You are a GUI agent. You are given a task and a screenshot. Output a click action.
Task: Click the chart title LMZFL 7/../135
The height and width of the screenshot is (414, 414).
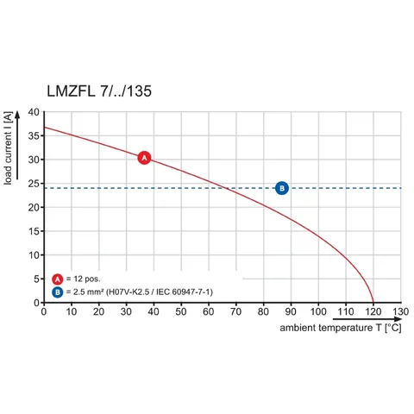(99, 91)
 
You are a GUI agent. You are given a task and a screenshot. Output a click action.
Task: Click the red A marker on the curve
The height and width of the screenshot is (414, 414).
(144, 158)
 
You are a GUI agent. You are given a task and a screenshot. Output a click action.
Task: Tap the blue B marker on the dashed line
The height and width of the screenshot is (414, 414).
(282, 188)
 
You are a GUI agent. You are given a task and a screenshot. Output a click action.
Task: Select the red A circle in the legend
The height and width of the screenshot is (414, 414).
(58, 279)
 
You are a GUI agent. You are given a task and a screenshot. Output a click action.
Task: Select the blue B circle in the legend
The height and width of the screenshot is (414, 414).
(58, 292)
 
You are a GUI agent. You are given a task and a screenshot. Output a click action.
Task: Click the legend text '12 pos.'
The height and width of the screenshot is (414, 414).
(87, 279)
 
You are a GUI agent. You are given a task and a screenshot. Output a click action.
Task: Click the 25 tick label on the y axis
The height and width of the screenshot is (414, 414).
(34, 184)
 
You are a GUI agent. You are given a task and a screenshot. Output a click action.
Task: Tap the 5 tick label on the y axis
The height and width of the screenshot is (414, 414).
(36, 279)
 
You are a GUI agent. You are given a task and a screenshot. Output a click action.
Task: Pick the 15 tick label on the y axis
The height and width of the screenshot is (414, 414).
(34, 231)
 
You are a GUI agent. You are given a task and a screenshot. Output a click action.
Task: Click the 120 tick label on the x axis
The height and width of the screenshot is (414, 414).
(373, 311)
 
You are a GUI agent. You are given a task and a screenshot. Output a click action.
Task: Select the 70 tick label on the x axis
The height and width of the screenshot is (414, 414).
(236, 311)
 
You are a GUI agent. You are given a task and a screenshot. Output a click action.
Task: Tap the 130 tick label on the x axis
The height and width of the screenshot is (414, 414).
(400, 311)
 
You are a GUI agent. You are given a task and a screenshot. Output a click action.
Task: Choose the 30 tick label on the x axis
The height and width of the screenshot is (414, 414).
(126, 311)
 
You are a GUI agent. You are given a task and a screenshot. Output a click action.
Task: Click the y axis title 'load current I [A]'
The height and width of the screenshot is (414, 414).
(8, 148)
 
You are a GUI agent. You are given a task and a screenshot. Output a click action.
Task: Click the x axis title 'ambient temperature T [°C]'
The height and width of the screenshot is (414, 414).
(341, 328)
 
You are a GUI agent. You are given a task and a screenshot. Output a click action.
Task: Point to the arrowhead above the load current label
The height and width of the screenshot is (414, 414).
(17, 115)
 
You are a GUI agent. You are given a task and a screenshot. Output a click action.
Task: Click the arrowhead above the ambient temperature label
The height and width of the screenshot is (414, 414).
(398, 319)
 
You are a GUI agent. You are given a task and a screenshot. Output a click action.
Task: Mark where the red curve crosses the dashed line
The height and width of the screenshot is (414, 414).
(225, 188)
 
